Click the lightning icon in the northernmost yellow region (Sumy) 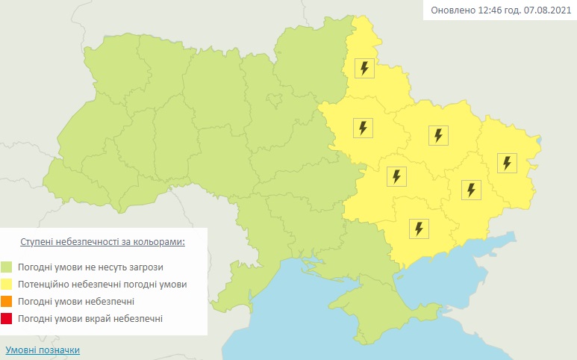pos(364,69)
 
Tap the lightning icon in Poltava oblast pos(363,128)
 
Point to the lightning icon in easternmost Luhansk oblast pos(507,163)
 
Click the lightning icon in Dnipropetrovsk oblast pos(396,176)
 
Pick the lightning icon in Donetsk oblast pos(470,190)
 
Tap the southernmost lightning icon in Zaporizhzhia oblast pos(420,228)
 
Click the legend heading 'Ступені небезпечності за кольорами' pos(102,243)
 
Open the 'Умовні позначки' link pos(43,350)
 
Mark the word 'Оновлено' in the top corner pos(451,10)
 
